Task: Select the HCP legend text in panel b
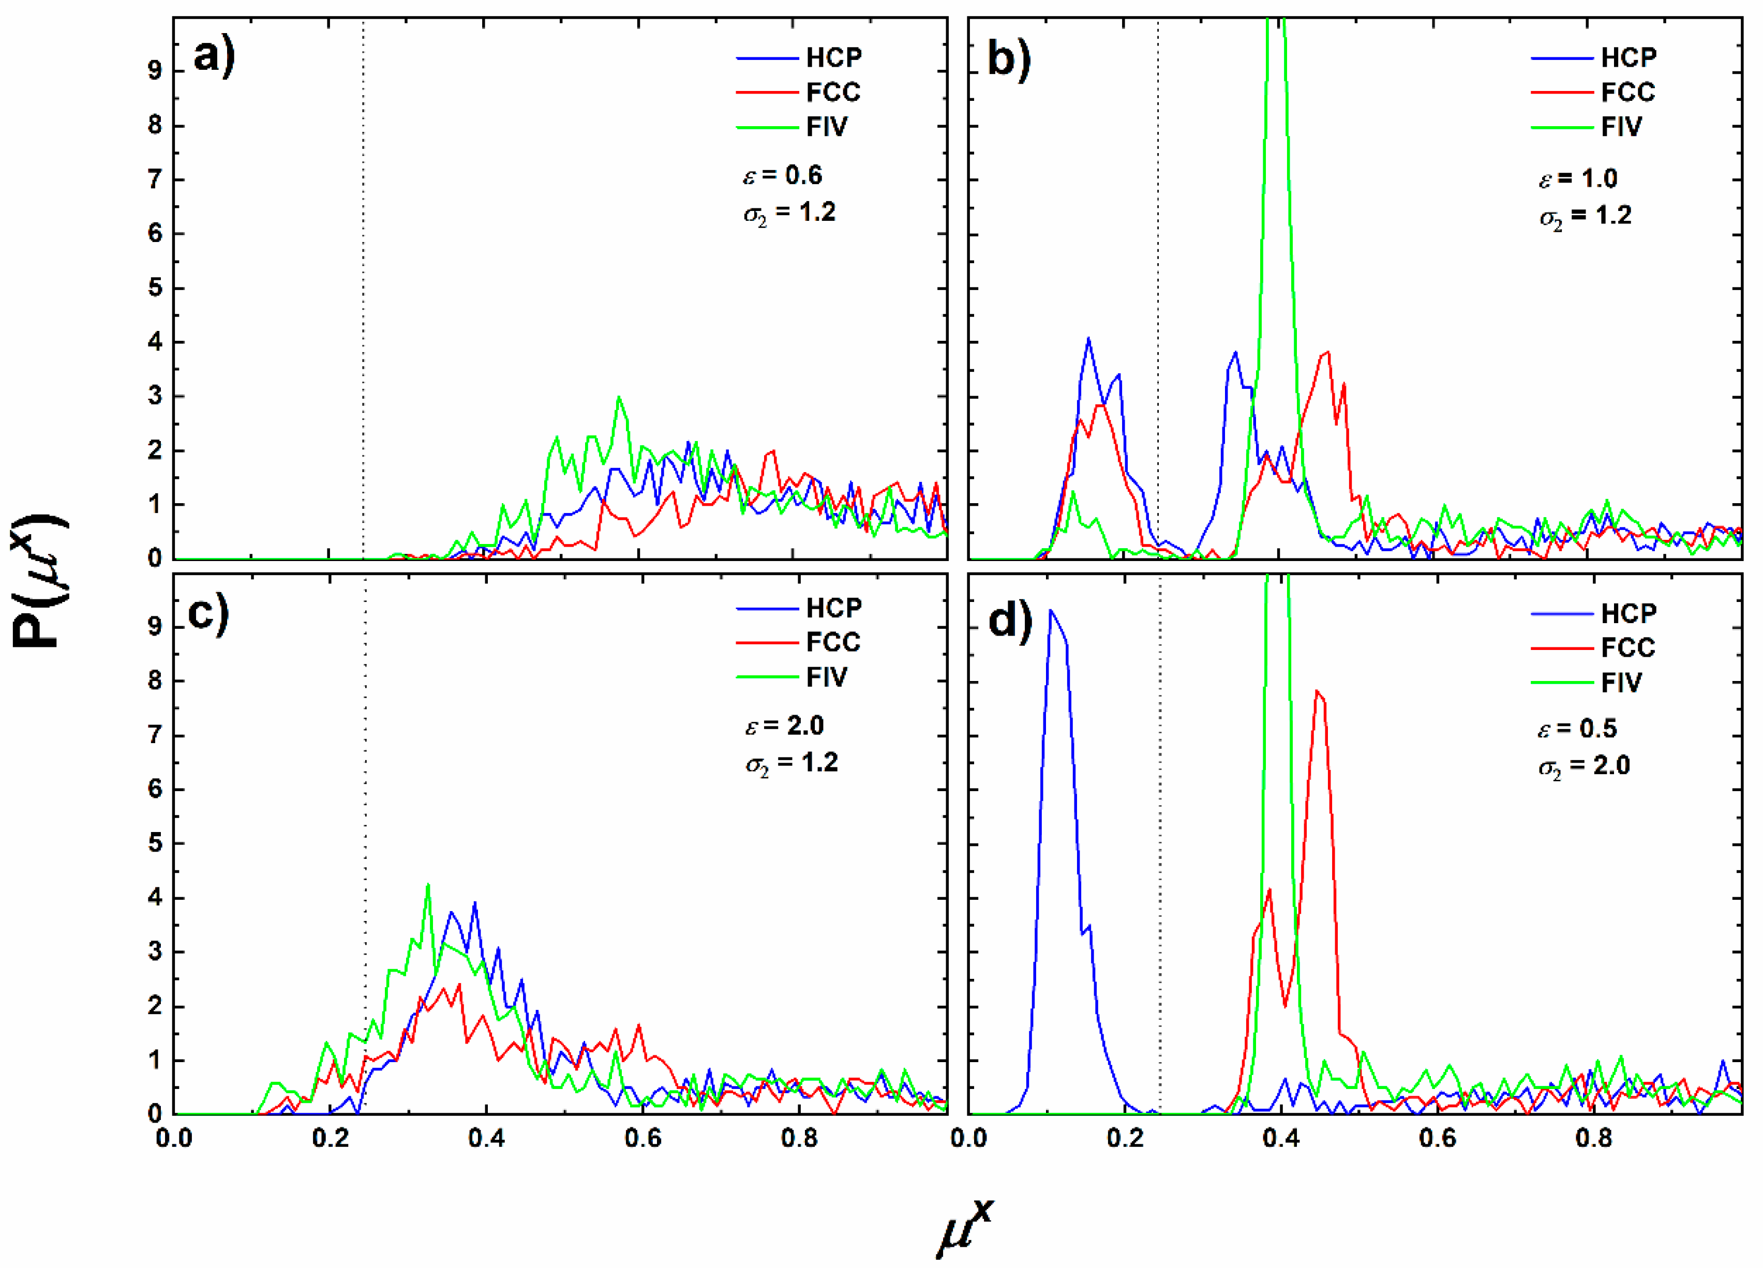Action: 1628,57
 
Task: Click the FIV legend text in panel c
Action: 826,677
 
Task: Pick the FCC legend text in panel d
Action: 1628,647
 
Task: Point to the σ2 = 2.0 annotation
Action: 1583,766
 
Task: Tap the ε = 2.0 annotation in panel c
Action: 784,726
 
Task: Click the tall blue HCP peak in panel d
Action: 1051,614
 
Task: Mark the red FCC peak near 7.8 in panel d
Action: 1317,692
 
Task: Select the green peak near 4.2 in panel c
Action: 427,886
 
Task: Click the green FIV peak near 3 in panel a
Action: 619,399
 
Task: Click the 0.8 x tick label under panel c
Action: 799,1139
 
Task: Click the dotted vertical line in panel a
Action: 364,311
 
